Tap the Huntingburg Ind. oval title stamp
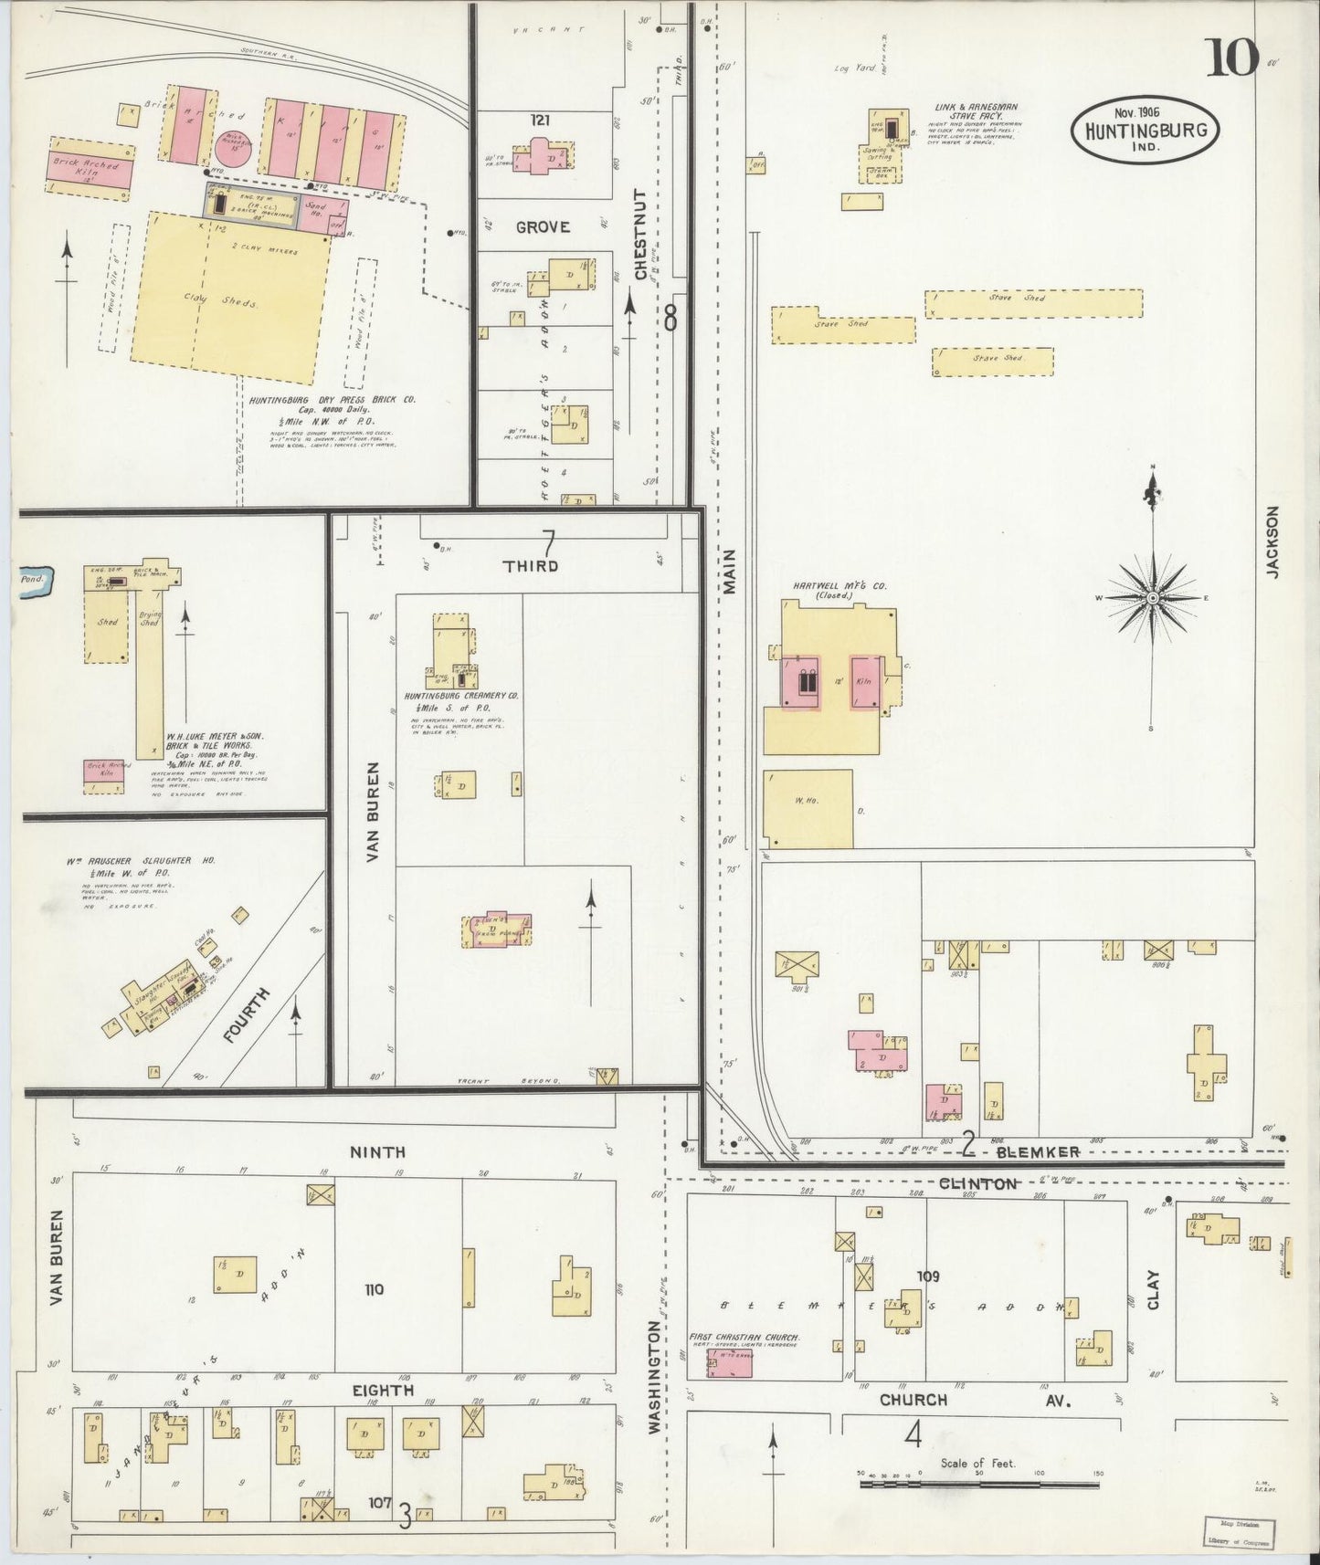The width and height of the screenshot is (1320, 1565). pyautogui.click(x=1146, y=129)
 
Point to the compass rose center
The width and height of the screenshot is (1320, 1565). pyautogui.click(x=1153, y=597)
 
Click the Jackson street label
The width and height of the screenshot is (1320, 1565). pyautogui.click(x=1273, y=541)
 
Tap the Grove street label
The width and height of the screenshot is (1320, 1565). pyautogui.click(x=543, y=226)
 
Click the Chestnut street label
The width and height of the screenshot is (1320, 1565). pyautogui.click(x=640, y=235)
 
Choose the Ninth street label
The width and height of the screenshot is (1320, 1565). pyautogui.click(x=377, y=1152)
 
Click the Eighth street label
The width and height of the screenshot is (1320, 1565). pyautogui.click(x=384, y=1391)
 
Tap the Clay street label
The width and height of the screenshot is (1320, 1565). pyautogui.click(x=1153, y=1289)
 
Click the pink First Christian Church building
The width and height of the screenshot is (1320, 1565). pyautogui.click(x=730, y=1363)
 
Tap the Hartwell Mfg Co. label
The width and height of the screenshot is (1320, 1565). pyautogui.click(x=827, y=586)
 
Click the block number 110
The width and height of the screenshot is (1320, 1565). pyautogui.click(x=374, y=1289)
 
